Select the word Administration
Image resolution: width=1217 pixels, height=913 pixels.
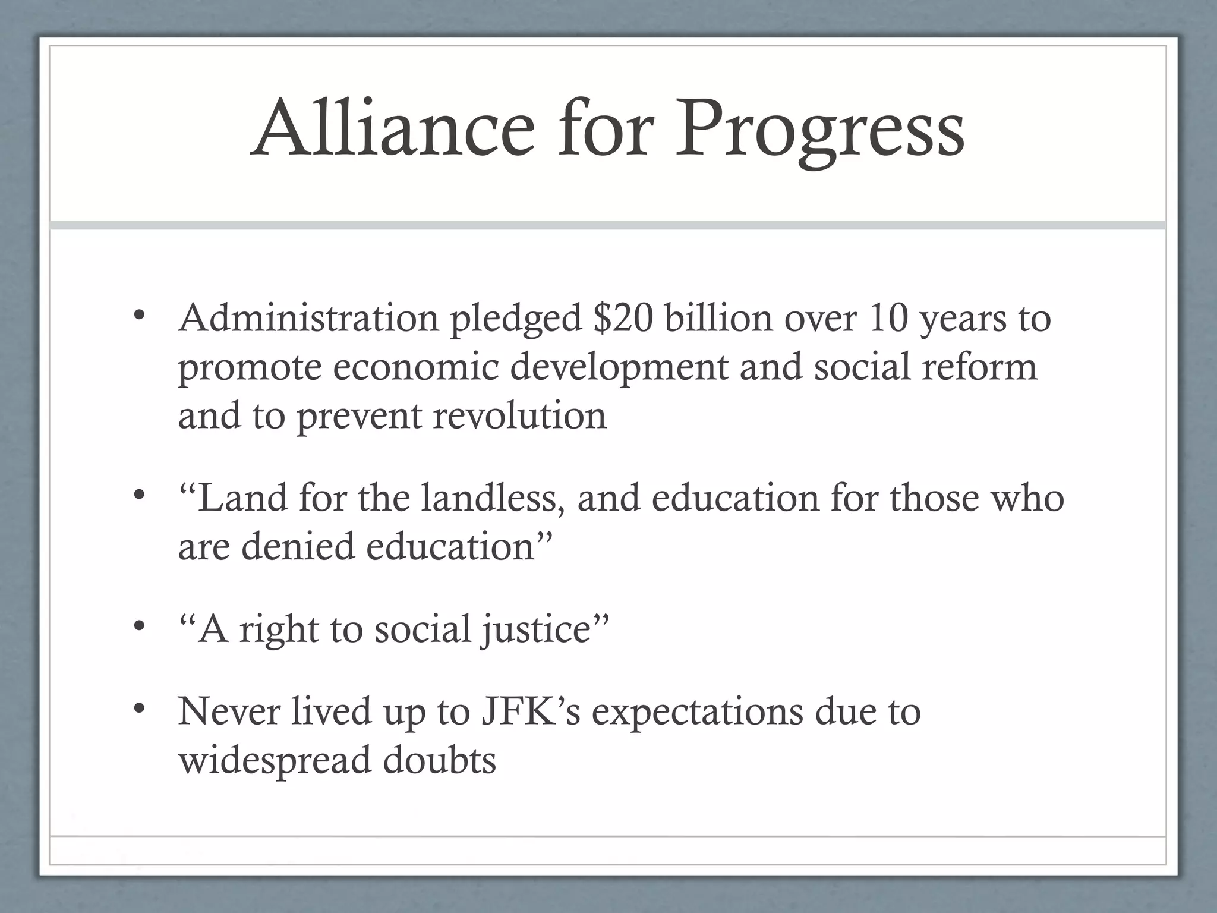(x=308, y=318)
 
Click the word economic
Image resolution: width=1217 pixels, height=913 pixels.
(x=415, y=367)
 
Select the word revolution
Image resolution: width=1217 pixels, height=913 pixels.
(x=520, y=415)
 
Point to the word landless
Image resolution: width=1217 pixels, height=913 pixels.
(x=493, y=498)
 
